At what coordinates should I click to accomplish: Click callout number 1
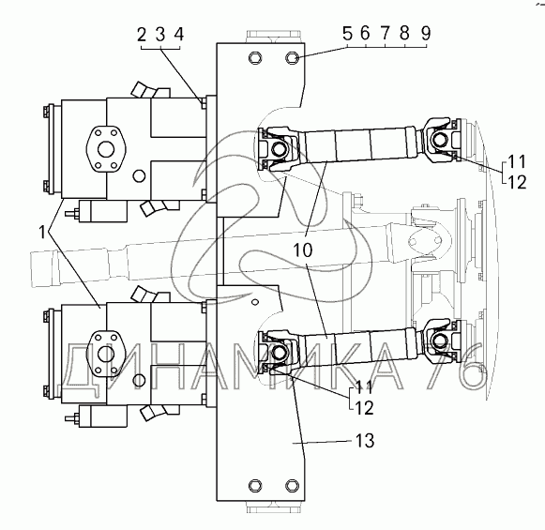tap(42, 232)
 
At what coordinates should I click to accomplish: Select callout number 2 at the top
tap(142, 35)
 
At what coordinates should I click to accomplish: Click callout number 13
tap(365, 441)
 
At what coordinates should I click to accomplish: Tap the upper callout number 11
tap(517, 161)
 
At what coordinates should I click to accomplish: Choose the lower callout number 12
tap(365, 407)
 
